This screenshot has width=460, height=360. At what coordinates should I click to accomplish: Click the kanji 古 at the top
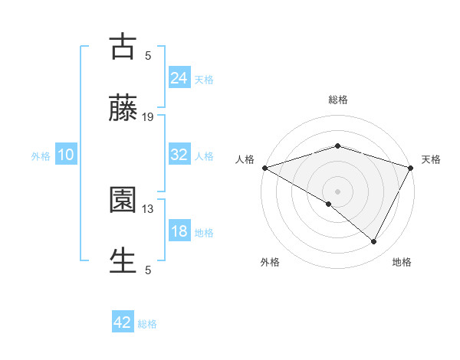click(x=123, y=47)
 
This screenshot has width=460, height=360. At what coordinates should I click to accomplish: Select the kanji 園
click(x=123, y=201)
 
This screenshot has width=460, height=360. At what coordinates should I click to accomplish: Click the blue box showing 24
click(x=179, y=77)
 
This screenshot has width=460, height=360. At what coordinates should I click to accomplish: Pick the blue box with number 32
click(x=179, y=155)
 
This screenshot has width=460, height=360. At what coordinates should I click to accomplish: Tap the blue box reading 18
click(x=179, y=231)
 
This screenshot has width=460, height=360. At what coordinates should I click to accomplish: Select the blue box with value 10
click(x=65, y=155)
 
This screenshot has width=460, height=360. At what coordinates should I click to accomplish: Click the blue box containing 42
click(x=123, y=322)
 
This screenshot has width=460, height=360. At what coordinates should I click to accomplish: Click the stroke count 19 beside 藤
click(x=148, y=117)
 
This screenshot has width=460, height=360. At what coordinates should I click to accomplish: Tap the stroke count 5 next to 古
click(x=148, y=56)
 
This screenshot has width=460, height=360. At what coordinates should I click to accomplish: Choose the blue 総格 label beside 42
click(x=147, y=324)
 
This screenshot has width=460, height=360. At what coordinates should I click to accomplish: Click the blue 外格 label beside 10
click(x=41, y=156)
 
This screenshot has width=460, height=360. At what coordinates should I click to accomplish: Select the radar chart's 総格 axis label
click(x=338, y=100)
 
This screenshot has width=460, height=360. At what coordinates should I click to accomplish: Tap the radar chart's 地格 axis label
click(x=402, y=262)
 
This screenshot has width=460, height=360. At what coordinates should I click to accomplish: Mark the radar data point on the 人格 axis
click(x=264, y=168)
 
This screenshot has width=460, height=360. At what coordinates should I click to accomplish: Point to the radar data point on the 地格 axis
click(x=374, y=242)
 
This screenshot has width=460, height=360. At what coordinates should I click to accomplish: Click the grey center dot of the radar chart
click(x=337, y=191)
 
